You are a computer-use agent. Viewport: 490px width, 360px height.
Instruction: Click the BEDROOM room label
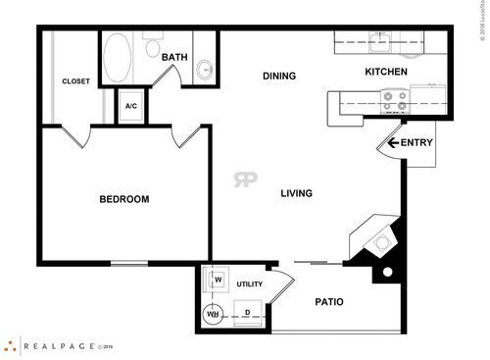pos(124,200)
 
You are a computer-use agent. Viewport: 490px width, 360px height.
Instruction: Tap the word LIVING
pos(296,193)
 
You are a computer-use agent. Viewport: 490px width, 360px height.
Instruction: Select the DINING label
pos(279,76)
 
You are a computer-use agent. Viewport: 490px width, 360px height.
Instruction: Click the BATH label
pos(174,58)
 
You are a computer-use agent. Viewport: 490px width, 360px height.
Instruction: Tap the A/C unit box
pos(131,105)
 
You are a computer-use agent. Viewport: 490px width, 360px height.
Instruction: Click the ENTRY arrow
pos(393,143)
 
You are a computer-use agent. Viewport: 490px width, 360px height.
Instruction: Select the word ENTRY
pos(416,143)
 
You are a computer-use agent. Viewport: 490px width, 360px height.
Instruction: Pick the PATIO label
pos(329,301)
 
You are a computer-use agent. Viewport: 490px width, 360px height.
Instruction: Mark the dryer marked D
pos(247,314)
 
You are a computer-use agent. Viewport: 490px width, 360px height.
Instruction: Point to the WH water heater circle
pos(213,315)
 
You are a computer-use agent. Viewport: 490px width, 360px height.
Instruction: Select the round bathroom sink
pos(204,69)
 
